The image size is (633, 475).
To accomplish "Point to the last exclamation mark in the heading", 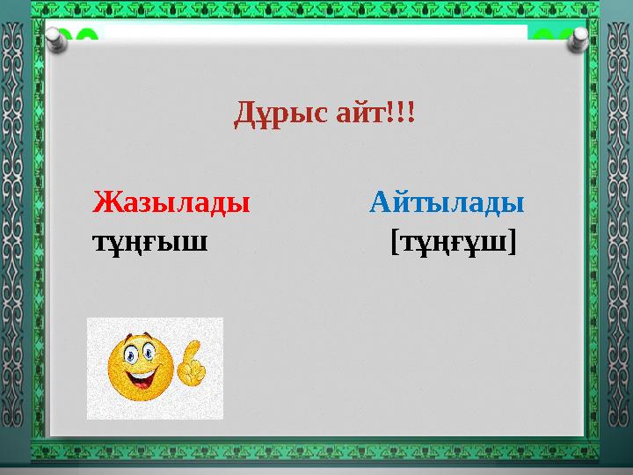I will click(x=412, y=113).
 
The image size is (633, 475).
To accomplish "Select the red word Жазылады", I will click(x=171, y=203).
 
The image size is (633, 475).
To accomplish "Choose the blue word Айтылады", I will click(x=447, y=203).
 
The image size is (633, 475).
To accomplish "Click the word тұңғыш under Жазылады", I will click(x=149, y=240).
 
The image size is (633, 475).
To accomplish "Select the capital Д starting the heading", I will click(x=244, y=114).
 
